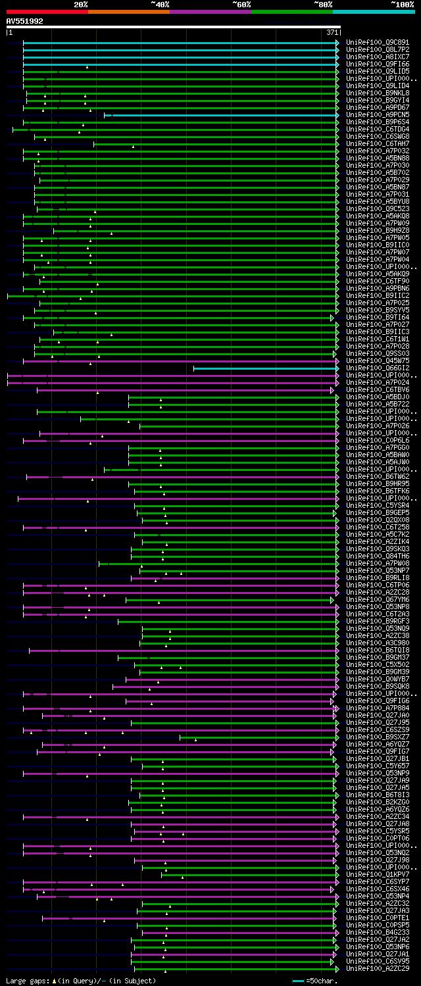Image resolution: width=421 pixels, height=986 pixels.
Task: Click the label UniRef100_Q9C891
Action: click(378, 43)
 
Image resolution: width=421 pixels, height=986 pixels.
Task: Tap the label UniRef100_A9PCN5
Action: click(378, 115)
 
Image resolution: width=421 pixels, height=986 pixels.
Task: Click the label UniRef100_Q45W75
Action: click(378, 361)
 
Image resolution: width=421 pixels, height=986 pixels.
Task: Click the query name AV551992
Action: click(25, 22)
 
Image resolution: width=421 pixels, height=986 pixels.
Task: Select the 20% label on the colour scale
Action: click(81, 5)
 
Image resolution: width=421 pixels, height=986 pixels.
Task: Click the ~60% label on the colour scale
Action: click(241, 5)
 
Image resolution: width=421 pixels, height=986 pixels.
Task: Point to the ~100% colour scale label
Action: click(402, 5)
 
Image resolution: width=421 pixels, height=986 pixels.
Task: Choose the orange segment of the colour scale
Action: click(129, 12)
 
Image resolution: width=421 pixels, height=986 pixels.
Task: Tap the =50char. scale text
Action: click(322, 981)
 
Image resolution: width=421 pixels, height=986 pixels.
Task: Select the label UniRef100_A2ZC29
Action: click(378, 969)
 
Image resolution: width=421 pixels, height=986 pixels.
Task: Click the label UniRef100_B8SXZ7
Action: click(378, 737)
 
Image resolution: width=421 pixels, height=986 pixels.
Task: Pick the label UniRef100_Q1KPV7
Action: click(378, 875)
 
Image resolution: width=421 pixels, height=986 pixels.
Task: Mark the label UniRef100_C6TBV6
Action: click(378, 390)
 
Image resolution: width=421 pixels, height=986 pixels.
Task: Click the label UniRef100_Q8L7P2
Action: click(378, 50)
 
